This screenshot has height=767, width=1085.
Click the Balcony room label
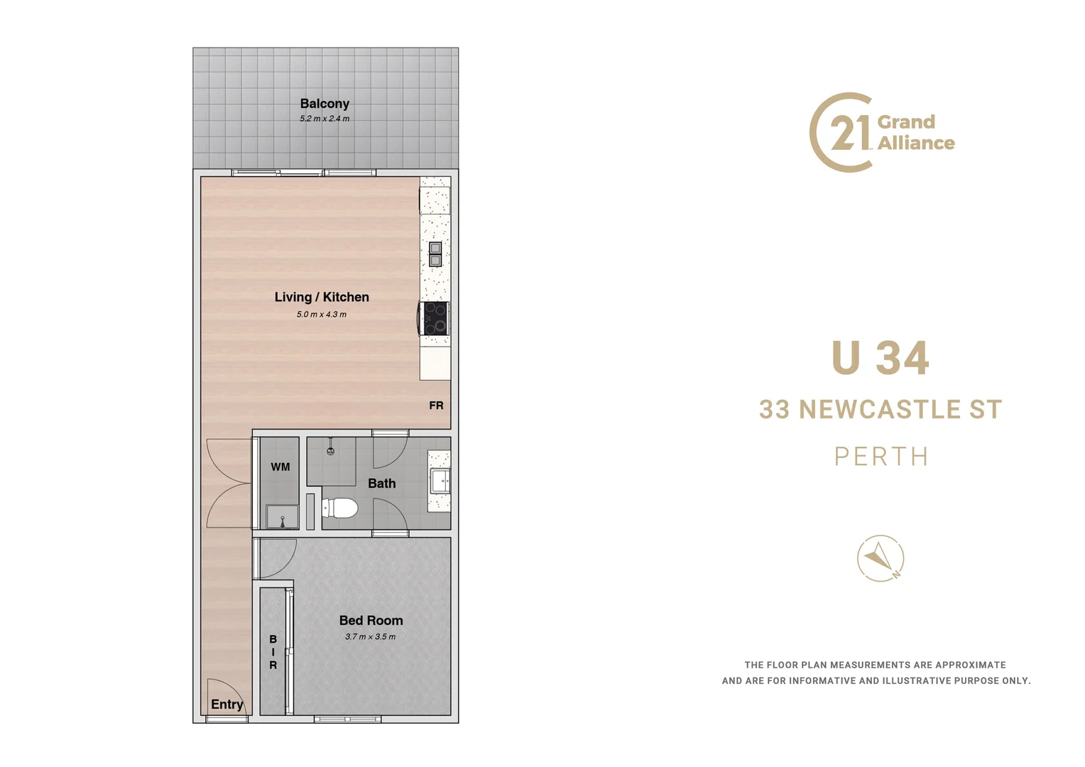point(325,104)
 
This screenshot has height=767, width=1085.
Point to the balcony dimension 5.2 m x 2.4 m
point(325,119)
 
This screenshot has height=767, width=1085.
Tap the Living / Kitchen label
point(322,297)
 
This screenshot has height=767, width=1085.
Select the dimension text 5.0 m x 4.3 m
point(322,314)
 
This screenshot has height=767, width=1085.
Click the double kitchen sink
point(435,254)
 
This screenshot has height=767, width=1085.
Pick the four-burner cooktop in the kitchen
point(435,317)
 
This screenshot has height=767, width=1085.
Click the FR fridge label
point(436,406)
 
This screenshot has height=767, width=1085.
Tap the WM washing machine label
point(280,467)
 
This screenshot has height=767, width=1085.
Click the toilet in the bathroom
point(340,508)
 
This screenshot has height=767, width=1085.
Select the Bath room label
point(382,484)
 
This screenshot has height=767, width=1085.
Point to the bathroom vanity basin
point(440,481)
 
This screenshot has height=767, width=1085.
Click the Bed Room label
point(371,621)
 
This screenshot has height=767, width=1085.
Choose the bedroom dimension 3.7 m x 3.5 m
point(371,636)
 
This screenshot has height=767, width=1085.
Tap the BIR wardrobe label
point(273,652)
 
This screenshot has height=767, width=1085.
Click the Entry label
point(227,704)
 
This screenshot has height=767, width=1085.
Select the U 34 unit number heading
point(880,358)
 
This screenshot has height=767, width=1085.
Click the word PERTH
point(881,457)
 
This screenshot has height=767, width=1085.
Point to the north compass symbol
point(880,558)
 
